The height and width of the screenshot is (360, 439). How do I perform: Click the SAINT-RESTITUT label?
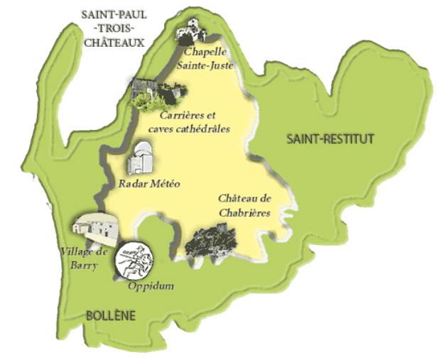(330, 138)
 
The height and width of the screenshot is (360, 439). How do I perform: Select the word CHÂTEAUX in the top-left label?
(114, 42)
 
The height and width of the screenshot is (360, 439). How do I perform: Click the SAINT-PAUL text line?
(114, 15)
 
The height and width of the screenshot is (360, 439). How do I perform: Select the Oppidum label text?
(151, 286)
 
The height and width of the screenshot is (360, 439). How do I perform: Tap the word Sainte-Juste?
(207, 65)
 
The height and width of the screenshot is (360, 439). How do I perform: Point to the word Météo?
(165, 184)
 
